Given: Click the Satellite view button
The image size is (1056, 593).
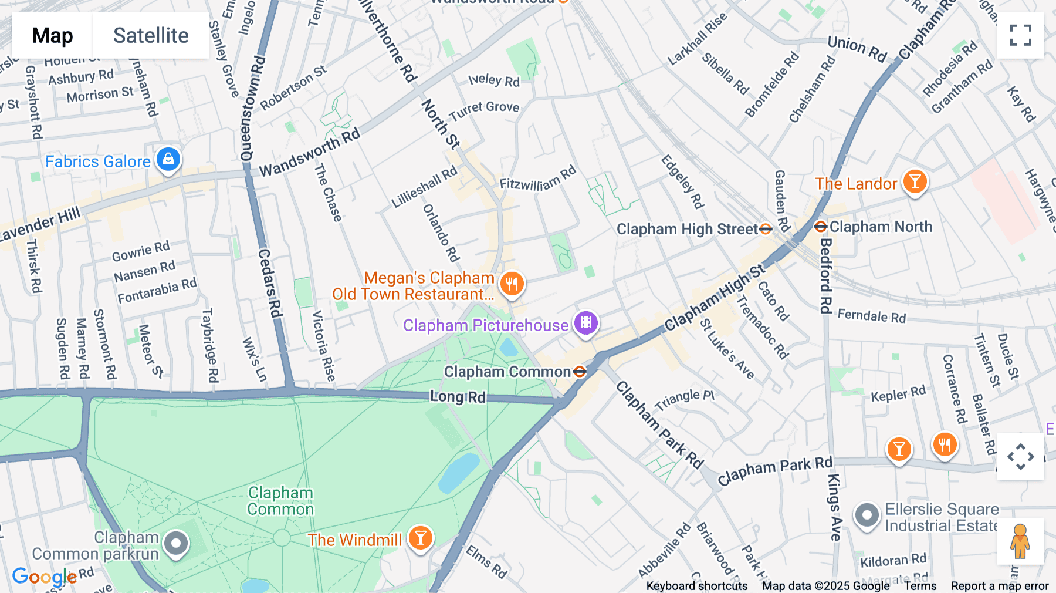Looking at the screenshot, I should click(151, 35).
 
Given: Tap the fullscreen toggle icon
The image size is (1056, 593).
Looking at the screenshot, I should click(1020, 35).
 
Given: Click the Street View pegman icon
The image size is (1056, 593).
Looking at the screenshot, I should click(1020, 541).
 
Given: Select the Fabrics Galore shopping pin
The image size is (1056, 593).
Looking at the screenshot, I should click(168, 160).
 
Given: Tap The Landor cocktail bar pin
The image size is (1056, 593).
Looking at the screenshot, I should click(915, 182).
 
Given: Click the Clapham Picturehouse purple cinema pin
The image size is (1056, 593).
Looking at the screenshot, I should click(585, 323).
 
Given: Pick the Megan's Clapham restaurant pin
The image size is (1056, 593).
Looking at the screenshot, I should click(512, 284).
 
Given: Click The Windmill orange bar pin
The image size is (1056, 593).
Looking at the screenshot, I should click(420, 538).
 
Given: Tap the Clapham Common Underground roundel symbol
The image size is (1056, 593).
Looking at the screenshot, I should click(580, 372).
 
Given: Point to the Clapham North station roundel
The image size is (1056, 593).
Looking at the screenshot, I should click(821, 227).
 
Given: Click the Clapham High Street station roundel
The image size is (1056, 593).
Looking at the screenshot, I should click(766, 229).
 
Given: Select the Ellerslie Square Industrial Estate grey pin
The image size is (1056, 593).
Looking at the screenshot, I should click(867, 515).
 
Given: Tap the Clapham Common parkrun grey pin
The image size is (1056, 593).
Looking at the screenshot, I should click(176, 544).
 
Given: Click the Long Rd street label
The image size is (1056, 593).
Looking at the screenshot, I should click(458, 397).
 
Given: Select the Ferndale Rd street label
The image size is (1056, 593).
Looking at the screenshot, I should click(872, 316).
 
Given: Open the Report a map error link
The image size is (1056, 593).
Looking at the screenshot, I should click(1000, 586).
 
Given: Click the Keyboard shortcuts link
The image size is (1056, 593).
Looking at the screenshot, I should click(697, 586).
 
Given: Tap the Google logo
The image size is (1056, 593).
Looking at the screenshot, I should click(44, 577).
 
